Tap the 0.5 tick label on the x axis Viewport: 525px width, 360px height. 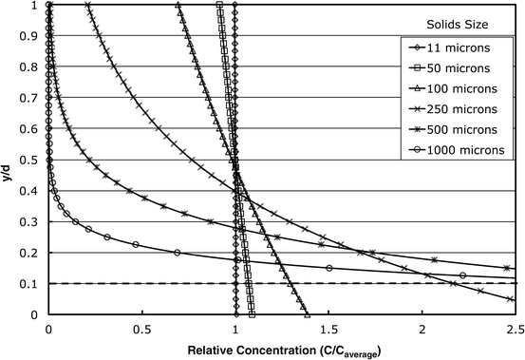coord(141,328)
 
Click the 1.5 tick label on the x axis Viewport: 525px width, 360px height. coord(328,328)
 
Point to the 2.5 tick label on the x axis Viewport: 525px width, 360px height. coord(514,328)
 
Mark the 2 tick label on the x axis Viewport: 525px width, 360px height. coord(422,328)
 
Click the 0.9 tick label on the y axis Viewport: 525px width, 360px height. coord(32,36)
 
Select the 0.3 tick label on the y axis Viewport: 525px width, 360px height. coord(32,221)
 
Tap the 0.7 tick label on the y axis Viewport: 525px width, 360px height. coord(32,98)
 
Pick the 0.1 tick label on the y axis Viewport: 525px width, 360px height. coord(32,283)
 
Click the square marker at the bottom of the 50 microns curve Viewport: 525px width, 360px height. coord(252,313)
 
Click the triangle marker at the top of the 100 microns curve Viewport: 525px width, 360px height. coord(178,6)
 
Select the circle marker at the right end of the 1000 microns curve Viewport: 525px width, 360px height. coord(462,275)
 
